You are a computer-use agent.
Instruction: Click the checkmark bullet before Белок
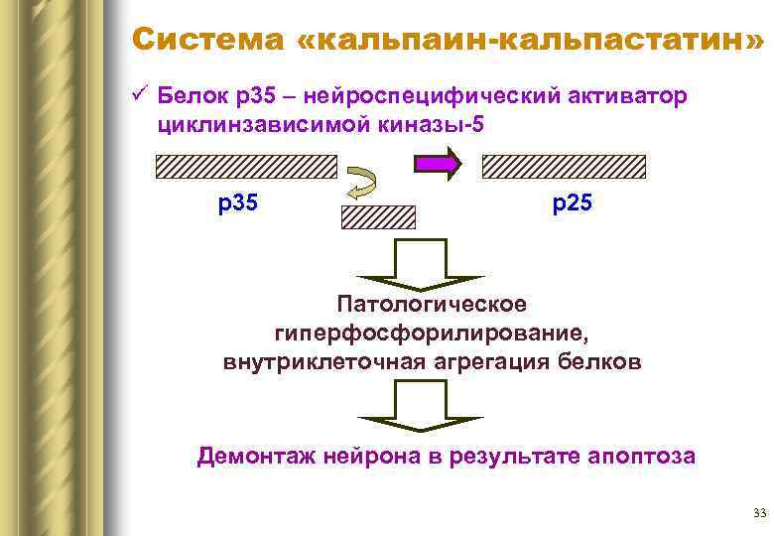[139, 97]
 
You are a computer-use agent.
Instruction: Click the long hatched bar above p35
[247, 166]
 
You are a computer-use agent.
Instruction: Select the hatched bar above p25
[564, 166]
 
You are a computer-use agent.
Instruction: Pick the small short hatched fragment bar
[378, 217]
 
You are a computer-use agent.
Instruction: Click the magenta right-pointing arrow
[438, 164]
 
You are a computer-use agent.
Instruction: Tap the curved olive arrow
[360, 186]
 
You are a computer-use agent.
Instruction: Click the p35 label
[238, 204]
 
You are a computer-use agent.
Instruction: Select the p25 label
[572, 204]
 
